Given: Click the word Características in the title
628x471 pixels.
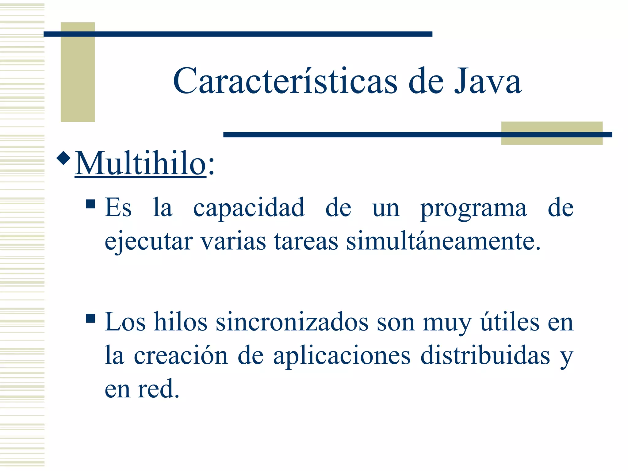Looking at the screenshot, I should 285,81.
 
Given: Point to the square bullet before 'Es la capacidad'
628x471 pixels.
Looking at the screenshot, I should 90,204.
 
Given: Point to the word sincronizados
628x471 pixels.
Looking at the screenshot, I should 292,323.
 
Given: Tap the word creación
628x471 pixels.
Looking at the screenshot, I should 181,356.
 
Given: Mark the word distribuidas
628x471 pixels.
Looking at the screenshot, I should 485,356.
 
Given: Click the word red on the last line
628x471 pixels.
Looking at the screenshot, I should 158,389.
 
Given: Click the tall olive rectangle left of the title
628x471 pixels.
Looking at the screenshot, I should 78,72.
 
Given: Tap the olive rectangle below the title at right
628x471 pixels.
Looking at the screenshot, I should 552,133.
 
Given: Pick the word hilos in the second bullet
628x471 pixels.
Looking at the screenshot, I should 181,323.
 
